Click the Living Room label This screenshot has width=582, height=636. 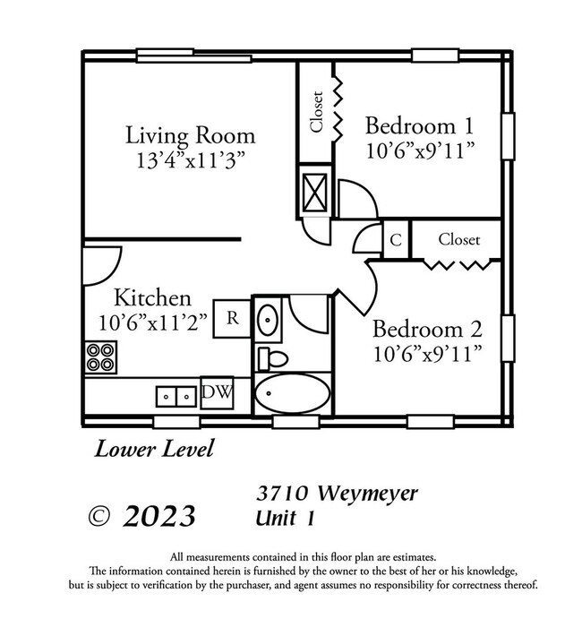(x=190, y=136)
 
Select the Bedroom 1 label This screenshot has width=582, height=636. (x=419, y=125)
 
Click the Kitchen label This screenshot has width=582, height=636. (x=151, y=297)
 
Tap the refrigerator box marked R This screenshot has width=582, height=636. (x=232, y=317)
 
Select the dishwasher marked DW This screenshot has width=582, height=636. (x=215, y=391)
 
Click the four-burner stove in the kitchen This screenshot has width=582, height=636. (x=102, y=357)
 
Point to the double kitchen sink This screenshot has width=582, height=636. (x=176, y=394)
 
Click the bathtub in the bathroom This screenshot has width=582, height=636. (x=292, y=393)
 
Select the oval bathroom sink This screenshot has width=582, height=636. (x=268, y=318)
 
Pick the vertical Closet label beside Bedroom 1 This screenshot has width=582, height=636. (x=316, y=112)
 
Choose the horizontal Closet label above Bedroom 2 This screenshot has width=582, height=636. (x=458, y=239)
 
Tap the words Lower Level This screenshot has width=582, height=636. (x=155, y=449)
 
